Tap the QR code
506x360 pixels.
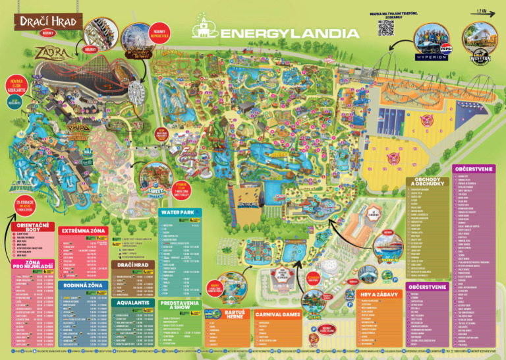click(x=385, y=28)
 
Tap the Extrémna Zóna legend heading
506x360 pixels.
click(x=82, y=231)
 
